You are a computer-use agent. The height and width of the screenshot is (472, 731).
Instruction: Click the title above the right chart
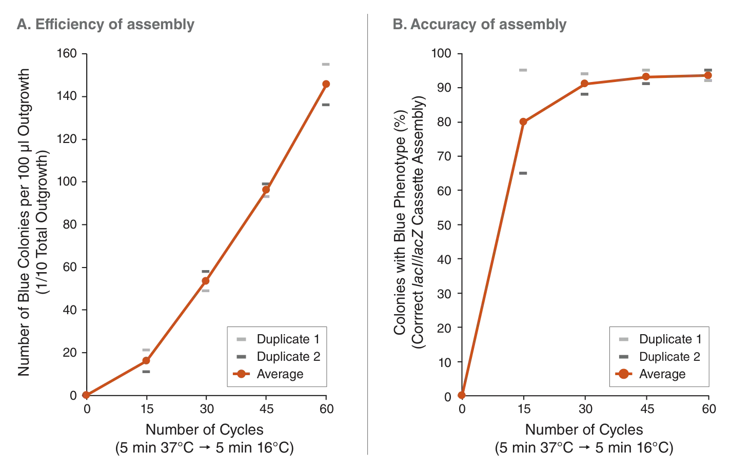coord(478,26)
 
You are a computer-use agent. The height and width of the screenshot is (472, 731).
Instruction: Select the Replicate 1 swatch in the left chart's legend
coord(240,340)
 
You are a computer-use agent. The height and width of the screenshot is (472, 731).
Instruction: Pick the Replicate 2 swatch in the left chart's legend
coord(240,355)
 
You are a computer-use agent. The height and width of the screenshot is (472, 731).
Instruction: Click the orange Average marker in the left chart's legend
coord(240,375)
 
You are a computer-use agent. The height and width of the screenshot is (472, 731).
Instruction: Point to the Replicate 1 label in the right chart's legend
coord(669,339)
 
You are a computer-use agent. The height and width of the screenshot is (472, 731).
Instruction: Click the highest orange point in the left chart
coord(326,84)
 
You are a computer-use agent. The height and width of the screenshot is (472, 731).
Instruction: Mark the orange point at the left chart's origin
coord(86,395)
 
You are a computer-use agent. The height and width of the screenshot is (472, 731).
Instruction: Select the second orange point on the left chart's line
coord(146,360)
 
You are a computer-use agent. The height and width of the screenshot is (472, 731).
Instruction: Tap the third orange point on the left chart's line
coord(206,281)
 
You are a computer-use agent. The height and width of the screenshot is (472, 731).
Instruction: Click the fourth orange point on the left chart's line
coord(266,190)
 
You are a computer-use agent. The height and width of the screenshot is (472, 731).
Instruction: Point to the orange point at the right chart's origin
coord(461,395)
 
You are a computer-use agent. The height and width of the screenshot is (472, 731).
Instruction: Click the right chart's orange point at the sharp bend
coord(523,121)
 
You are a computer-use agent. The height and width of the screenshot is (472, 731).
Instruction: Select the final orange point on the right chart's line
coord(707,75)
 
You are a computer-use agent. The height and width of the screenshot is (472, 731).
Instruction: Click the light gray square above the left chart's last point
coord(326,65)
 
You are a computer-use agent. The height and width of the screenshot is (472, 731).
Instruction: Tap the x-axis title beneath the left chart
coord(205,429)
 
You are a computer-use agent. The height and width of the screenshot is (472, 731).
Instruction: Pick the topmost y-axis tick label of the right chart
coord(442,52)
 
